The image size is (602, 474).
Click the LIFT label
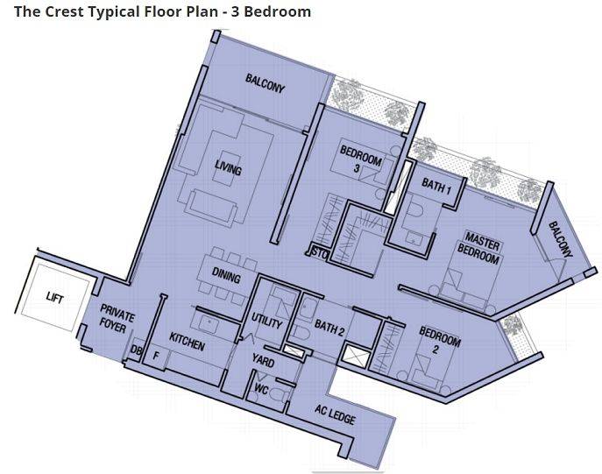(54, 297)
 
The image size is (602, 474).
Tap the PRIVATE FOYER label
(117, 319)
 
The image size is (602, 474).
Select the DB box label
(136, 350)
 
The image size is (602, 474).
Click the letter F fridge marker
(156, 356)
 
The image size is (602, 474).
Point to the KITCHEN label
(187, 342)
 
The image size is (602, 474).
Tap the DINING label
(226, 276)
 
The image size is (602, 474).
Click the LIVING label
(228, 167)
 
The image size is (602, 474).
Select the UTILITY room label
(267, 321)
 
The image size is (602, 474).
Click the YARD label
(263, 361)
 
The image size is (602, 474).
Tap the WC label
(261, 389)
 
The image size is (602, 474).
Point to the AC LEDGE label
(335, 414)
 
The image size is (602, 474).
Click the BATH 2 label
(329, 329)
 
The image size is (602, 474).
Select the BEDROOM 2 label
(439, 340)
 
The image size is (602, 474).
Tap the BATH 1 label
(436, 186)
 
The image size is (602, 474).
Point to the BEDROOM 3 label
(360, 159)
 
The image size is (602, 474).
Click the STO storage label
(319, 253)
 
